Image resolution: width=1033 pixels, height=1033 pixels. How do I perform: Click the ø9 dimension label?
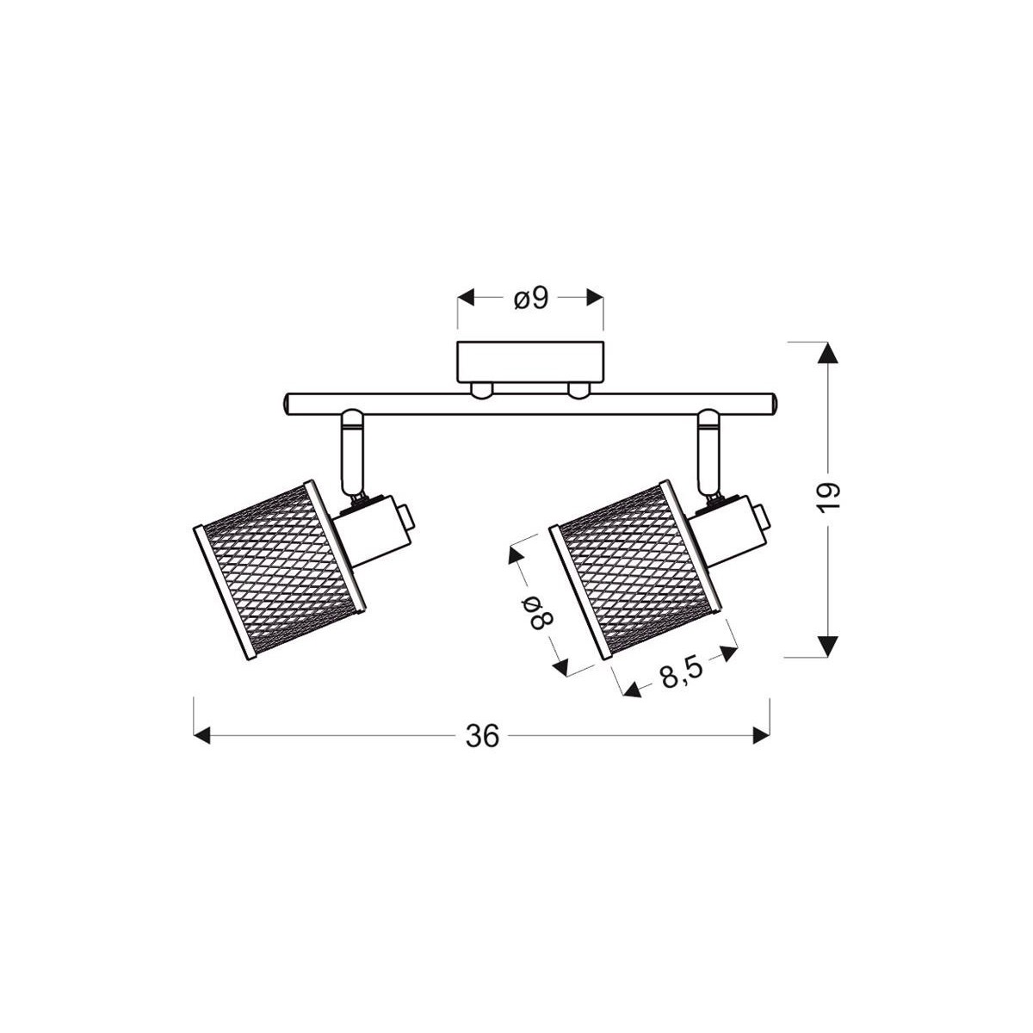tap(530, 298)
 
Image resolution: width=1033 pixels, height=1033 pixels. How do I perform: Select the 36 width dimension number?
tap(482, 736)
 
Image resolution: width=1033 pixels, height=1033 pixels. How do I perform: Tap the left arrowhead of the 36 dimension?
tap(201, 736)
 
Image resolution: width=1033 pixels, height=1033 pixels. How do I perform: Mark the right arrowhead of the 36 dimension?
tap(762, 736)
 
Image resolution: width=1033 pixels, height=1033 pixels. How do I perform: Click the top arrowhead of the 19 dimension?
tap(827, 354)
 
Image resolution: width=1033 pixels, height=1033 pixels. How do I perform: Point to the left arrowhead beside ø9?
tap(466, 298)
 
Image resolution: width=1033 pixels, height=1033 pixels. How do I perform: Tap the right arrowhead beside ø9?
tap(594, 298)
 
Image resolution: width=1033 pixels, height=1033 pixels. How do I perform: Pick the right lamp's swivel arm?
tap(710, 452)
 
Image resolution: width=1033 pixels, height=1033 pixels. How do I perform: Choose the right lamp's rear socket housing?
tap(732, 523)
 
